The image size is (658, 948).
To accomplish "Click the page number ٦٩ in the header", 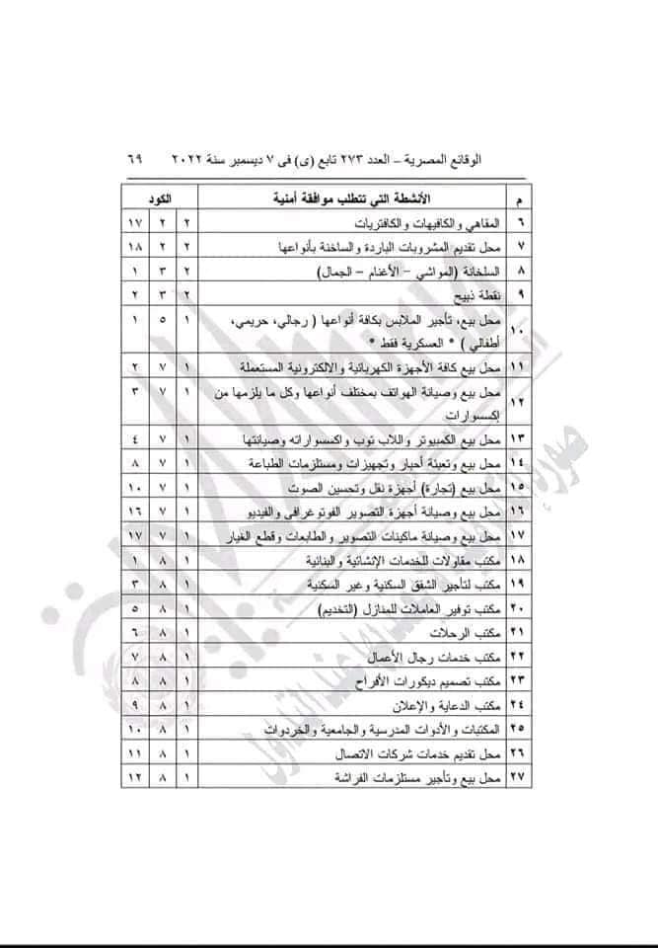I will click(133, 158).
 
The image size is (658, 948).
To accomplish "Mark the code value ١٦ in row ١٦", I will click(135, 511).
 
